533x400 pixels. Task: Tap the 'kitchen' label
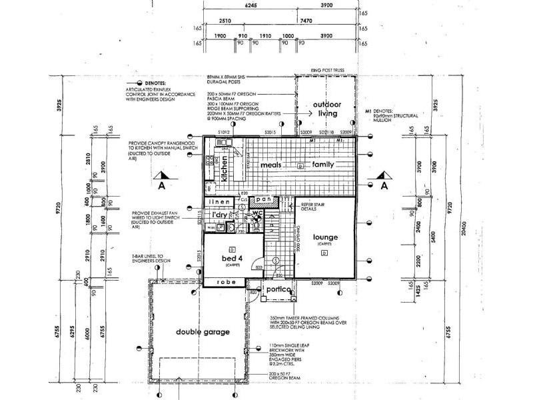point(225,167)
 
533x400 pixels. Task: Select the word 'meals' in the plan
point(272,164)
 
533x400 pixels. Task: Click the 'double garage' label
point(203,331)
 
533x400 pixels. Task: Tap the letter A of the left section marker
point(159,187)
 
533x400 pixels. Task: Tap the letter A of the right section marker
point(384,187)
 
